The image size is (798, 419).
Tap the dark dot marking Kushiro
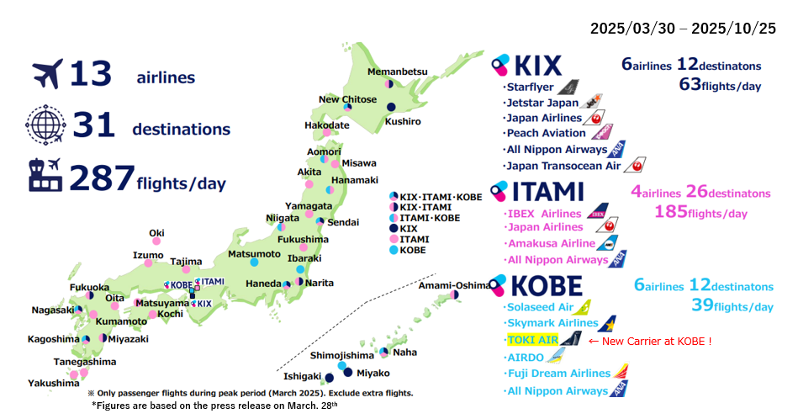[391, 107]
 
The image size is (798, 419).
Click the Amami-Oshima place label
[453, 285]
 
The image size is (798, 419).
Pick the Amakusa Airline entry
[548, 243]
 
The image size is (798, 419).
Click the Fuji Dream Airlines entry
[558, 373]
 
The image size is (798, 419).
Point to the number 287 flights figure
[102, 178]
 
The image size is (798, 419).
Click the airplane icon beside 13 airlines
[47, 74]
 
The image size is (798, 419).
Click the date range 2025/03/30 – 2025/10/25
[683, 29]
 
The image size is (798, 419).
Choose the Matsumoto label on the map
[254, 253]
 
